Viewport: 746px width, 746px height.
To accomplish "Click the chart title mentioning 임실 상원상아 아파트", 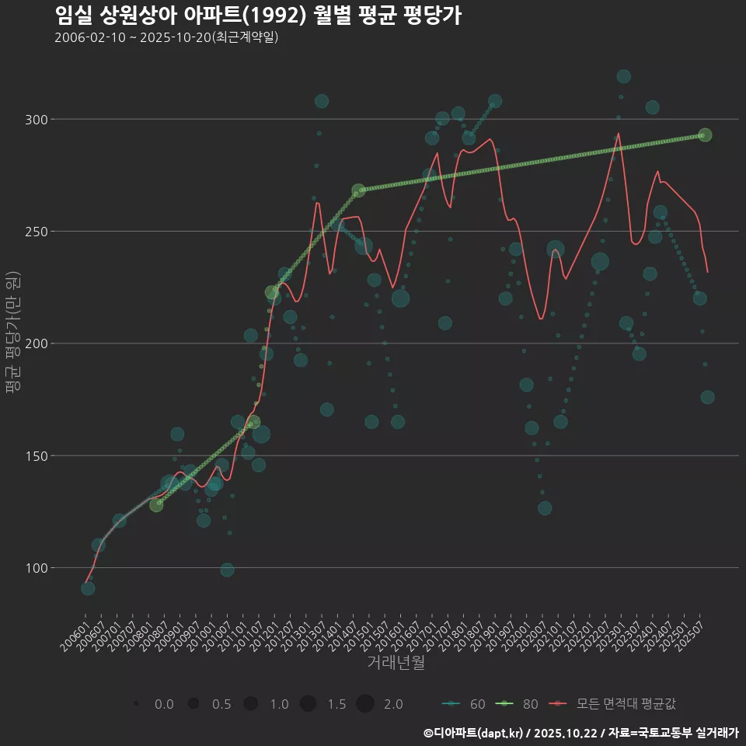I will (x=258, y=16).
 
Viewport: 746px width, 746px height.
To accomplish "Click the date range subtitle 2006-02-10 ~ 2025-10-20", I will (x=166, y=38).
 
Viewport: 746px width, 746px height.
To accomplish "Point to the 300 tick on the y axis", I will (x=37, y=120).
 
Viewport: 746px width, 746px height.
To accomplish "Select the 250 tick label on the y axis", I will (x=37, y=232).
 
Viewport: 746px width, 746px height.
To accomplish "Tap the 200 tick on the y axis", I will (x=37, y=343).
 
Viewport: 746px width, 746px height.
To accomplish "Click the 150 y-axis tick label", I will (x=37, y=455).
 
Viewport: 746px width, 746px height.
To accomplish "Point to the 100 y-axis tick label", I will (x=37, y=568).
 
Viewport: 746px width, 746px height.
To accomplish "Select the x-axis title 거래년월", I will (x=396, y=663).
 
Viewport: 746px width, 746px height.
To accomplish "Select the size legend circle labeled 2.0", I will (x=365, y=704).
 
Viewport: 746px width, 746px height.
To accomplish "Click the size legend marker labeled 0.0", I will (x=137, y=704).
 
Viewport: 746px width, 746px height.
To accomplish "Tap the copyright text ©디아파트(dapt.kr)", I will (x=473, y=733).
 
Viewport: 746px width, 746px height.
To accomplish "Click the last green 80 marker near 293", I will (x=705, y=135).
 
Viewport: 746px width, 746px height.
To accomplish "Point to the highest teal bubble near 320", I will (x=623, y=76).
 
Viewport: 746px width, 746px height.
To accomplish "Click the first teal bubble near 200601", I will (x=88, y=588).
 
